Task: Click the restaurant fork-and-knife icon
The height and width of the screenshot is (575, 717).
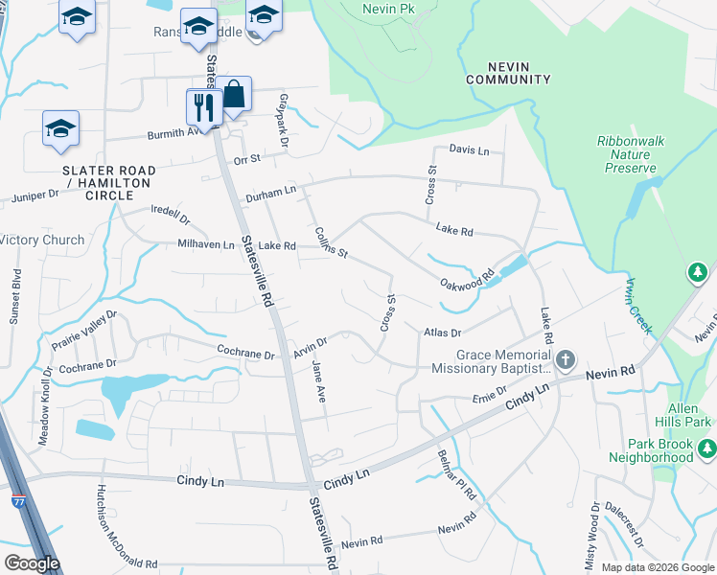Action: coord(203,106)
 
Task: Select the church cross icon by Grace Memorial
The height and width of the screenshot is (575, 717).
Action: coord(566,359)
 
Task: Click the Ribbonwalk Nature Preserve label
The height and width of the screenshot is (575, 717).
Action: coord(631,153)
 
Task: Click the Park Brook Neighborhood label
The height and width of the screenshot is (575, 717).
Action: coord(660,450)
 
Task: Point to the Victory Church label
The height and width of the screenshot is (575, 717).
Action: coord(42,240)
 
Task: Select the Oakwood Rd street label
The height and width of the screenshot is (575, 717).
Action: coord(467,279)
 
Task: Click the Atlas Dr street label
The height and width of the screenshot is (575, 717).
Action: coord(442,333)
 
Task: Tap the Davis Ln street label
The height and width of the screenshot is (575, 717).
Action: coord(470,150)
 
